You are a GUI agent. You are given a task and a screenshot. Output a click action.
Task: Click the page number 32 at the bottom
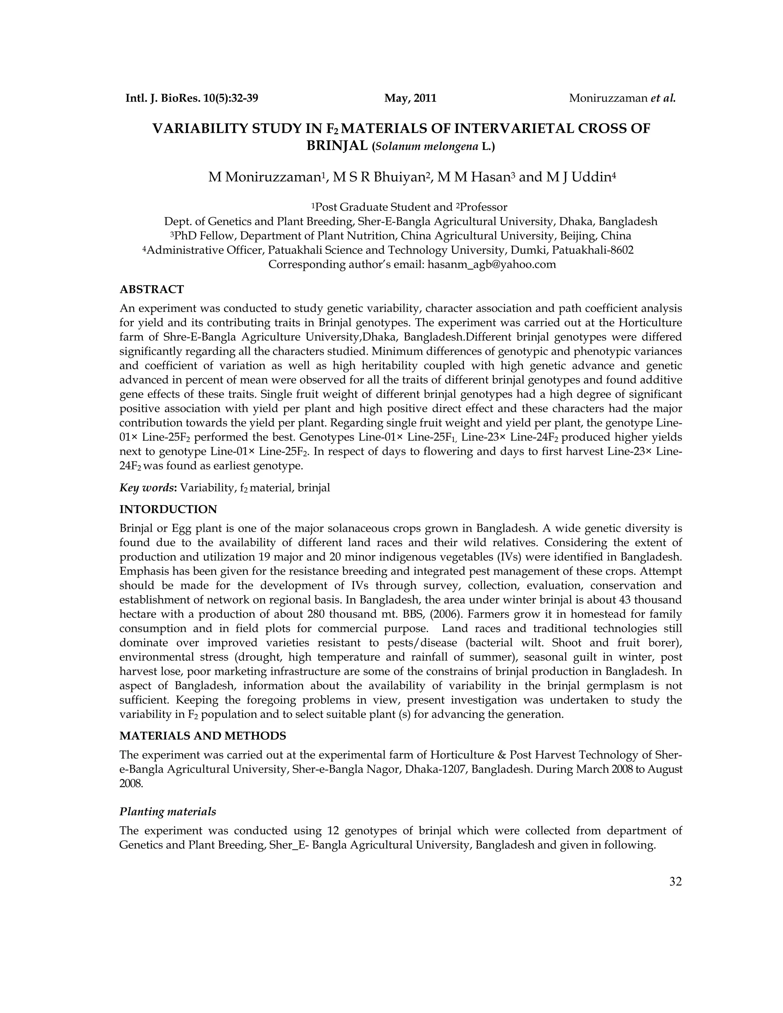[676, 882]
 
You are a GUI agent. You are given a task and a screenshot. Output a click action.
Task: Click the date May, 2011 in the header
[410, 98]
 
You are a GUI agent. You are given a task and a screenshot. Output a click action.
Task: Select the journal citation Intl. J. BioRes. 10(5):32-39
[192, 98]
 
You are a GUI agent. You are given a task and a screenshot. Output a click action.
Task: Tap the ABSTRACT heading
[152, 289]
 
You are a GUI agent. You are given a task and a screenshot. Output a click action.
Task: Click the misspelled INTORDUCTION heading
[168, 509]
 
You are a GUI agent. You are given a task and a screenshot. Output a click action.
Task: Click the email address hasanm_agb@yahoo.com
[491, 265]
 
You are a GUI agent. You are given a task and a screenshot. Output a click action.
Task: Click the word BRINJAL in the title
[337, 146]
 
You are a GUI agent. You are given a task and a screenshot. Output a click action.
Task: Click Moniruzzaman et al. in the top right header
[622, 98]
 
